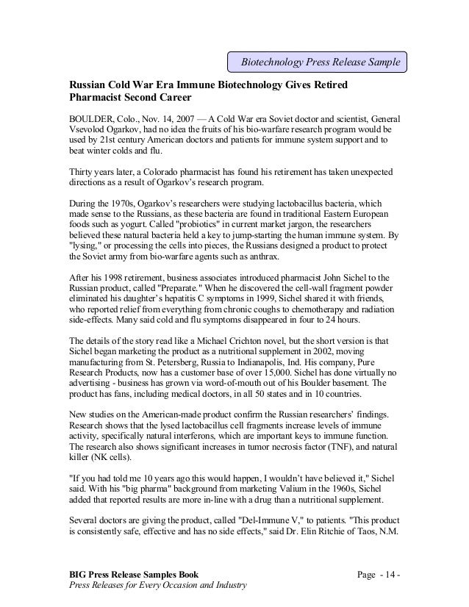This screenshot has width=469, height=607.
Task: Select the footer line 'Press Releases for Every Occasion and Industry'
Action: pos(157,586)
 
